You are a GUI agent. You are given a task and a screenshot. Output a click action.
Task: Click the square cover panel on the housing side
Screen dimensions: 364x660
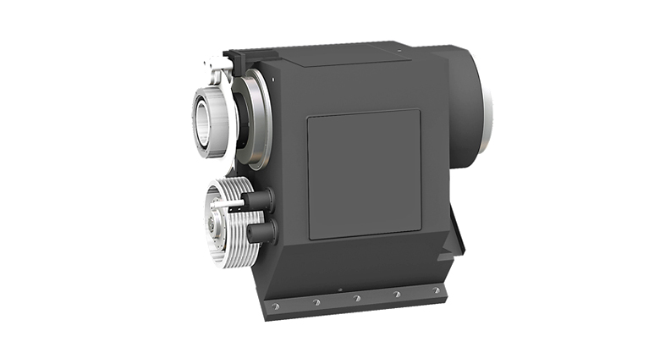click(364, 174)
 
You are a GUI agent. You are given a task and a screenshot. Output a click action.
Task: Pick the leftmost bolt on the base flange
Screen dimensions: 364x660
click(274, 306)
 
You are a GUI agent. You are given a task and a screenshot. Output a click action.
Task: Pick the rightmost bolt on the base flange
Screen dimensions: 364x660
click(437, 290)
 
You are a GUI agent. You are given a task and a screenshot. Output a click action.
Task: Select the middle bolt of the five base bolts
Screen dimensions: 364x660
click(357, 298)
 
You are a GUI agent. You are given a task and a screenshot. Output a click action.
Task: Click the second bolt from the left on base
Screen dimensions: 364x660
click(316, 302)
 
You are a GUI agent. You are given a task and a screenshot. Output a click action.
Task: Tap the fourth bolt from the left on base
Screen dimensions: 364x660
click(398, 295)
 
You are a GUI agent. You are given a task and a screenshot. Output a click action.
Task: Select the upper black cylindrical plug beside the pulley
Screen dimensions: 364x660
click(259, 201)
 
